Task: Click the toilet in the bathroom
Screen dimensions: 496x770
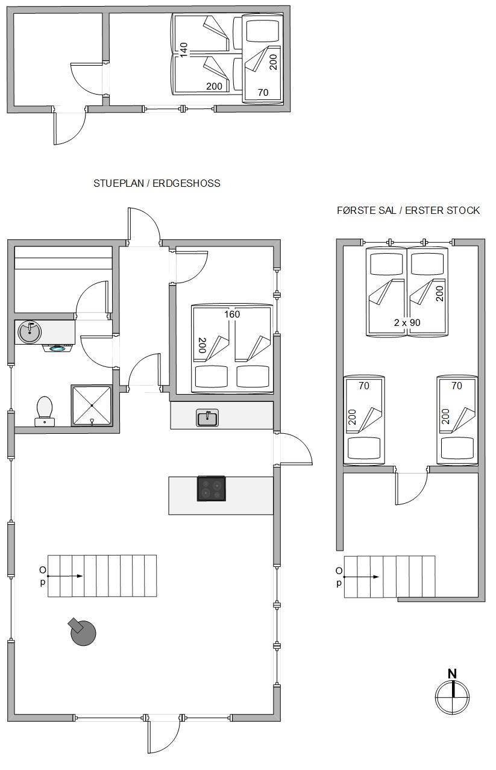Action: pos(44,412)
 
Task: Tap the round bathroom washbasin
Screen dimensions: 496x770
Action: pos(30,332)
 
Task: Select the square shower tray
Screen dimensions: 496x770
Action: pos(92,405)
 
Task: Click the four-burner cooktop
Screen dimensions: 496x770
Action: pos(212,489)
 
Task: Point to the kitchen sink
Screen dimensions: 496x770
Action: pos(207,418)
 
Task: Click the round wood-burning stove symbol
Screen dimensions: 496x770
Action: pos(83,631)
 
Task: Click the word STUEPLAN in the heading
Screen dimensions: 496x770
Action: pos(119,183)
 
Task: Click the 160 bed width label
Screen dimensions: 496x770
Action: pos(232,314)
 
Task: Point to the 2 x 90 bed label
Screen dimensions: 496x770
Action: pos(407,322)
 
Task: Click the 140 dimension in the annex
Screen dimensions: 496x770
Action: pos(184,50)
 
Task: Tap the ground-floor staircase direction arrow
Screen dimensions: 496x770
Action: pos(65,576)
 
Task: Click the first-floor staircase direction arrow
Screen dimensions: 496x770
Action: pos(361,577)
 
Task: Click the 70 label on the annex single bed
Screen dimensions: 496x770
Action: pos(263,92)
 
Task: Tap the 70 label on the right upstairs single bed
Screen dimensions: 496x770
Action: pos(457,386)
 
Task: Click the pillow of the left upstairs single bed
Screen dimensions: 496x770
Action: pos(364,448)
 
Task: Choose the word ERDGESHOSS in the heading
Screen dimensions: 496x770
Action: pos(186,183)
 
